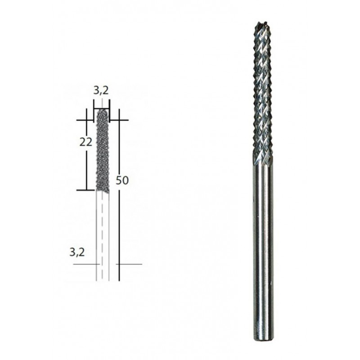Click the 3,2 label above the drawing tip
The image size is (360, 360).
101,90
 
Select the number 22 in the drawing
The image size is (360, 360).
86,142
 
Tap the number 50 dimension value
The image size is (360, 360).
122,181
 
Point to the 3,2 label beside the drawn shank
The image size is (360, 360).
77,252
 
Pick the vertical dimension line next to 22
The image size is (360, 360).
86,166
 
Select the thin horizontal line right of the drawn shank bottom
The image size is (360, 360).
130,264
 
